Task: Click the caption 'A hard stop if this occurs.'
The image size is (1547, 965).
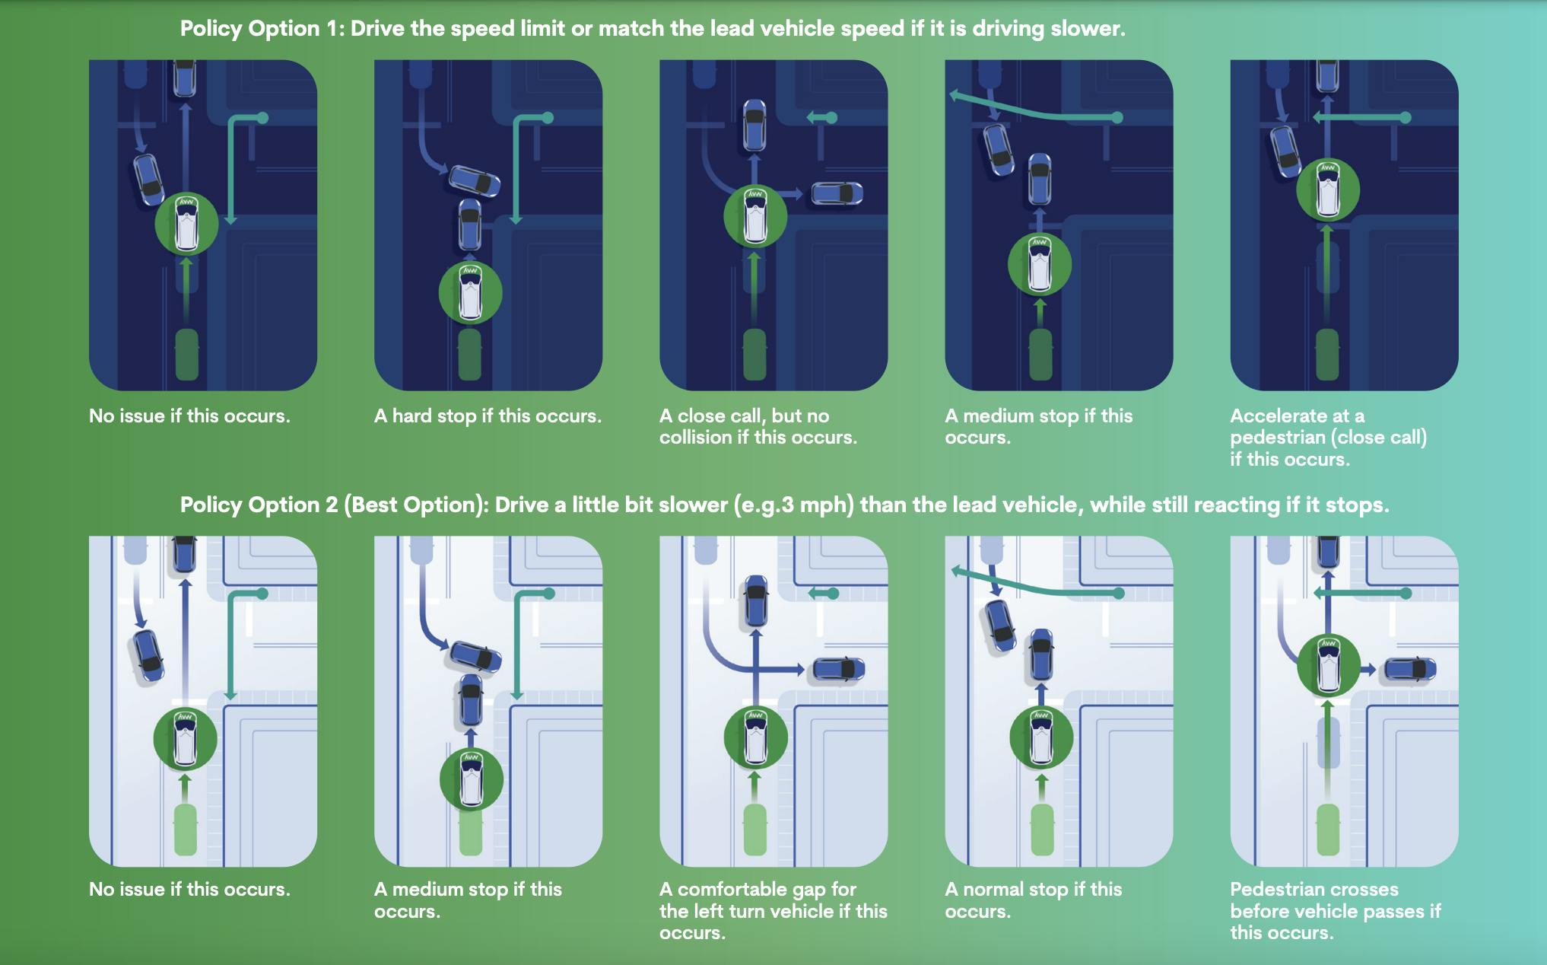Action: (488, 416)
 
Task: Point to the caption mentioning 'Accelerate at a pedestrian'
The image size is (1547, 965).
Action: (1328, 438)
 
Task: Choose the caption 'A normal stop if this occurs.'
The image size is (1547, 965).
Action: (1034, 900)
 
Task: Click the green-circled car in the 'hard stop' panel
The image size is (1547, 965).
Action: (471, 293)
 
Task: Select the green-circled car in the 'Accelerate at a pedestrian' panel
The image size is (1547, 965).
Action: (1328, 190)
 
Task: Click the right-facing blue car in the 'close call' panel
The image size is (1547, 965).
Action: (837, 193)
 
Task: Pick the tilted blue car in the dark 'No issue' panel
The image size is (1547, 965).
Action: (149, 180)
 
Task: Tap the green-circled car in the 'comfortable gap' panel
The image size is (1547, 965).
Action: (755, 737)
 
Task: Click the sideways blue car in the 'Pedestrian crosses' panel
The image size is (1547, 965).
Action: (1410, 670)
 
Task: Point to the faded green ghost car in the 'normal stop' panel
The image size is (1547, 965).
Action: (1042, 829)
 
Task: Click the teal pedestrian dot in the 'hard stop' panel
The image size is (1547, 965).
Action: (548, 118)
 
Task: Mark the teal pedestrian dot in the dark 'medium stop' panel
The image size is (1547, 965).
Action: (1117, 117)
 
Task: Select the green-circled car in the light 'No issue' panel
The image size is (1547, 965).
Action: (185, 739)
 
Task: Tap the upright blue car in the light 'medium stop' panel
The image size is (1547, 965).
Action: (471, 700)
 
